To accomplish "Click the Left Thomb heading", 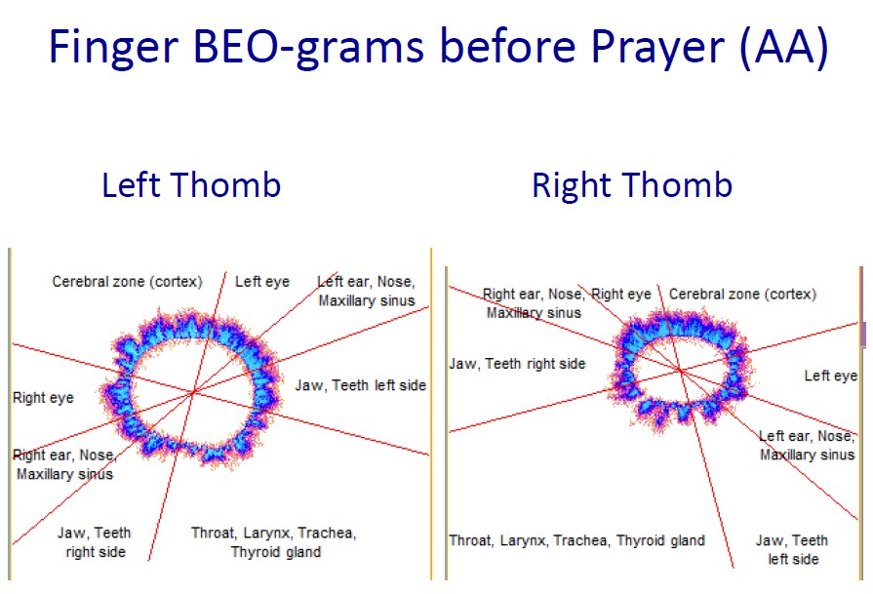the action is pyautogui.click(x=191, y=184).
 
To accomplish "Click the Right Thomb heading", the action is pyautogui.click(x=632, y=184).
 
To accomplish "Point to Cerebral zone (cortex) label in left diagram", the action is pyautogui.click(x=127, y=282).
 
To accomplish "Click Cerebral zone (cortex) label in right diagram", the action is pyautogui.click(x=742, y=294).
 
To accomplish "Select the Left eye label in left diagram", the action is pyautogui.click(x=262, y=282).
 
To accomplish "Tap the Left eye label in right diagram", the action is pyautogui.click(x=831, y=376).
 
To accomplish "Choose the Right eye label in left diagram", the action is pyautogui.click(x=44, y=398).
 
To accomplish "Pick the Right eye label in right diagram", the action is pyautogui.click(x=620, y=294).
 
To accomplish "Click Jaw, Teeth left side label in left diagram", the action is pyautogui.click(x=361, y=385).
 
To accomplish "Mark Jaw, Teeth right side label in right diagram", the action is pyautogui.click(x=517, y=364).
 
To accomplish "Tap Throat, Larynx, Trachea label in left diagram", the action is pyautogui.click(x=273, y=534).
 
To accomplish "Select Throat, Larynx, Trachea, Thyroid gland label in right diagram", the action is pyautogui.click(x=576, y=540).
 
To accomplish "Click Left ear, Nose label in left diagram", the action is pyautogui.click(x=366, y=282).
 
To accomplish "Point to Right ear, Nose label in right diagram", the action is pyautogui.click(x=533, y=294).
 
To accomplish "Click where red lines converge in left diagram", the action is pyautogui.click(x=192, y=392).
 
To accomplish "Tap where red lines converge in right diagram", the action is pyautogui.click(x=680, y=371).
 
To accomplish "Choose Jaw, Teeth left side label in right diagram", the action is pyautogui.click(x=792, y=549).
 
